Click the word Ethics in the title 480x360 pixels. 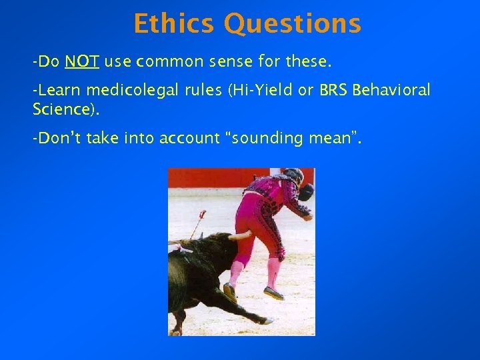click(x=175, y=24)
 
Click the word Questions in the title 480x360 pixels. click(x=293, y=24)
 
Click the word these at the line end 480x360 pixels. click(x=308, y=63)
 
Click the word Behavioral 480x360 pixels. click(x=393, y=91)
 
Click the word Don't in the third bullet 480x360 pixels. click(x=55, y=138)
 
